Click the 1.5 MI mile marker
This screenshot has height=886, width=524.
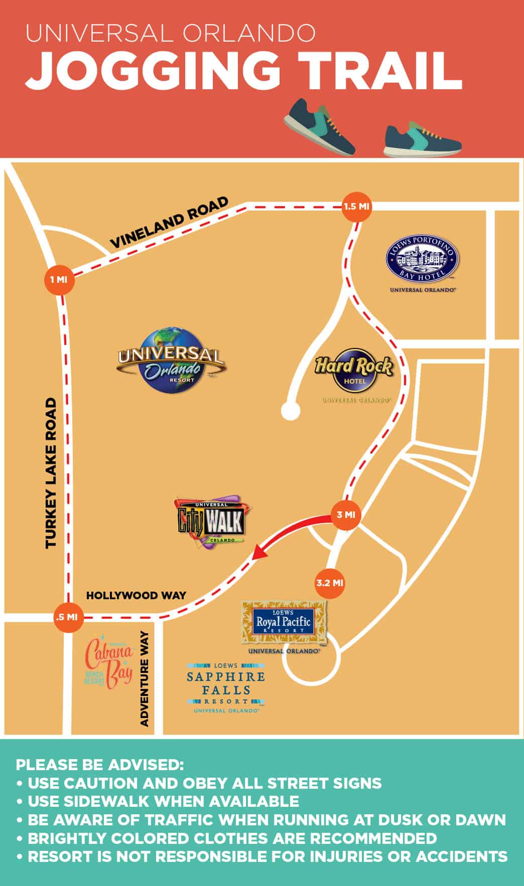(357, 206)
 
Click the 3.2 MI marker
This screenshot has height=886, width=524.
(330, 583)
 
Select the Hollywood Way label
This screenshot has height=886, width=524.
(136, 596)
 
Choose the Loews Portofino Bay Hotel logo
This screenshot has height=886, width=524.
(422, 262)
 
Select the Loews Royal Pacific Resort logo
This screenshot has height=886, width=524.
(284, 623)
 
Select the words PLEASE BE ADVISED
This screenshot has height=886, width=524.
(100, 765)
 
